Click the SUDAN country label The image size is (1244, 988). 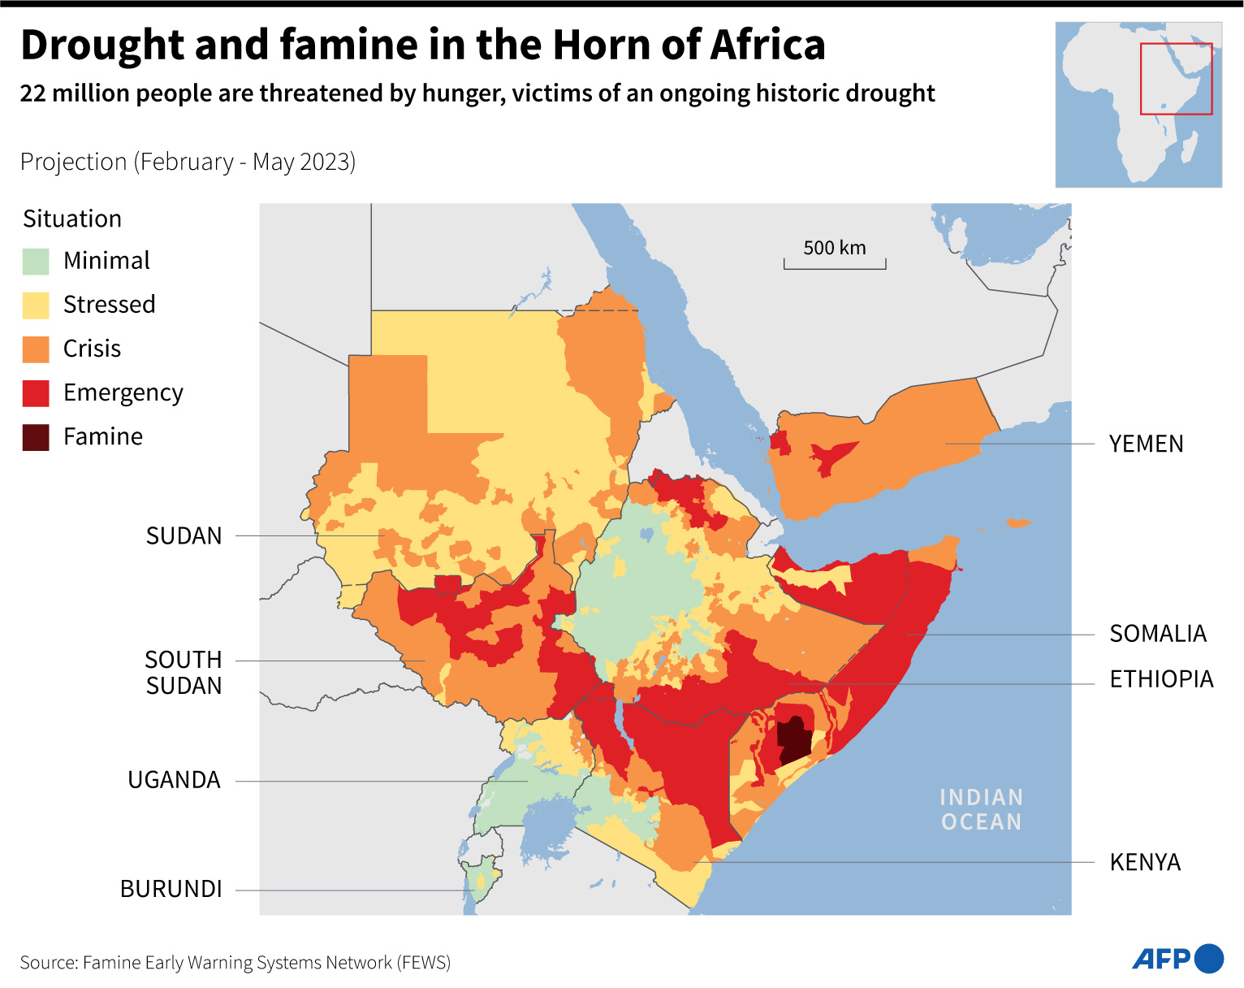184,536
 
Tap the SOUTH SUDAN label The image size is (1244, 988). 184,672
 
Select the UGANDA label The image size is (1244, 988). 174,780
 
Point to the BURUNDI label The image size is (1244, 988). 171,889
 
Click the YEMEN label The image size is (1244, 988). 1146,444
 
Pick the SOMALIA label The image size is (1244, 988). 1157,634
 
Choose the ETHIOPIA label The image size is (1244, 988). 1161,679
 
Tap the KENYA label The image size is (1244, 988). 1145,862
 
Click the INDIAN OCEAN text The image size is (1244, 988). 981,809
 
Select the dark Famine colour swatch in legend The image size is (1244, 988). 36,437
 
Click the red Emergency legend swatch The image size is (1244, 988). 36,393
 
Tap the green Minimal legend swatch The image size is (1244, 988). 36,262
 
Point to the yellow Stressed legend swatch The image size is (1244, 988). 36,305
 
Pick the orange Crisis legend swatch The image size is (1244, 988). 36,349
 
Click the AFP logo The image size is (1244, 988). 1177,959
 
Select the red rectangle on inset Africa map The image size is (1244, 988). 1176,79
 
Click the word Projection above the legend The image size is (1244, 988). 73,162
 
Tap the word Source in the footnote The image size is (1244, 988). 47,963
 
